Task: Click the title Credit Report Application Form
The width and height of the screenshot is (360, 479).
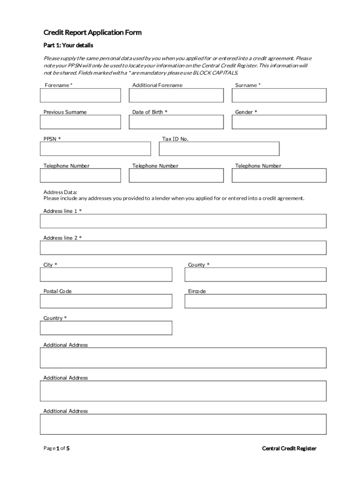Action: click(x=92, y=33)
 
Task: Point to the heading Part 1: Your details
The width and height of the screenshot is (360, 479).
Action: click(x=68, y=45)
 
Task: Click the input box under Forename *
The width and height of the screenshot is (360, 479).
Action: click(x=80, y=95)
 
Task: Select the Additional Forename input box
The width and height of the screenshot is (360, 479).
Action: click(x=176, y=95)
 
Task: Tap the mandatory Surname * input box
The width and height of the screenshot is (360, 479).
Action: click(x=279, y=95)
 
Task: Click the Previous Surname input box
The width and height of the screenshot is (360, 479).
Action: click(x=80, y=122)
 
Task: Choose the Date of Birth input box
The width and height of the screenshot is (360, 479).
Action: click(x=176, y=122)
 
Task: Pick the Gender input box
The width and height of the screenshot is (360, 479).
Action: click(x=279, y=122)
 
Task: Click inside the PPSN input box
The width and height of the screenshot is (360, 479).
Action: click(x=95, y=149)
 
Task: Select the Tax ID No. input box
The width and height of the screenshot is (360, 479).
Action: click(x=219, y=149)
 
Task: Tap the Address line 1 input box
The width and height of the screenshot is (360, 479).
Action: click(x=183, y=221)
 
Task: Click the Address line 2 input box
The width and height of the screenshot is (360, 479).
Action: click(x=183, y=248)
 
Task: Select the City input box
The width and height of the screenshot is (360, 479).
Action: click(x=106, y=275)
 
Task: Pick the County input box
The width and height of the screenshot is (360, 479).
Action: click(x=255, y=275)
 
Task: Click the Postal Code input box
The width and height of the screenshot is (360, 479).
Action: click(x=106, y=301)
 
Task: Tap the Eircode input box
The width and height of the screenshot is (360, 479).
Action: click(x=255, y=301)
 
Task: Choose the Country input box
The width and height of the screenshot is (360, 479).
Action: click(x=106, y=328)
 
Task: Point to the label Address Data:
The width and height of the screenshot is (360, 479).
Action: click(x=60, y=192)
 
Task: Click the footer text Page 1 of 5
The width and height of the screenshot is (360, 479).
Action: click(x=57, y=449)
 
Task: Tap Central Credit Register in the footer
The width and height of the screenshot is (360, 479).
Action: click(x=289, y=449)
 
